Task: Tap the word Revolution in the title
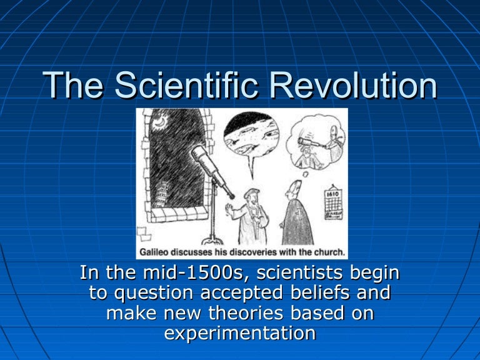(x=353, y=85)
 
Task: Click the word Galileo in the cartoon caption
(x=154, y=252)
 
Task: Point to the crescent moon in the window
(x=160, y=122)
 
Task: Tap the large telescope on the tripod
(x=212, y=171)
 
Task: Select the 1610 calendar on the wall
(x=333, y=202)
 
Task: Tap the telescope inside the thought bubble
(x=309, y=142)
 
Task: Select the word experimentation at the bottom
(x=240, y=333)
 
